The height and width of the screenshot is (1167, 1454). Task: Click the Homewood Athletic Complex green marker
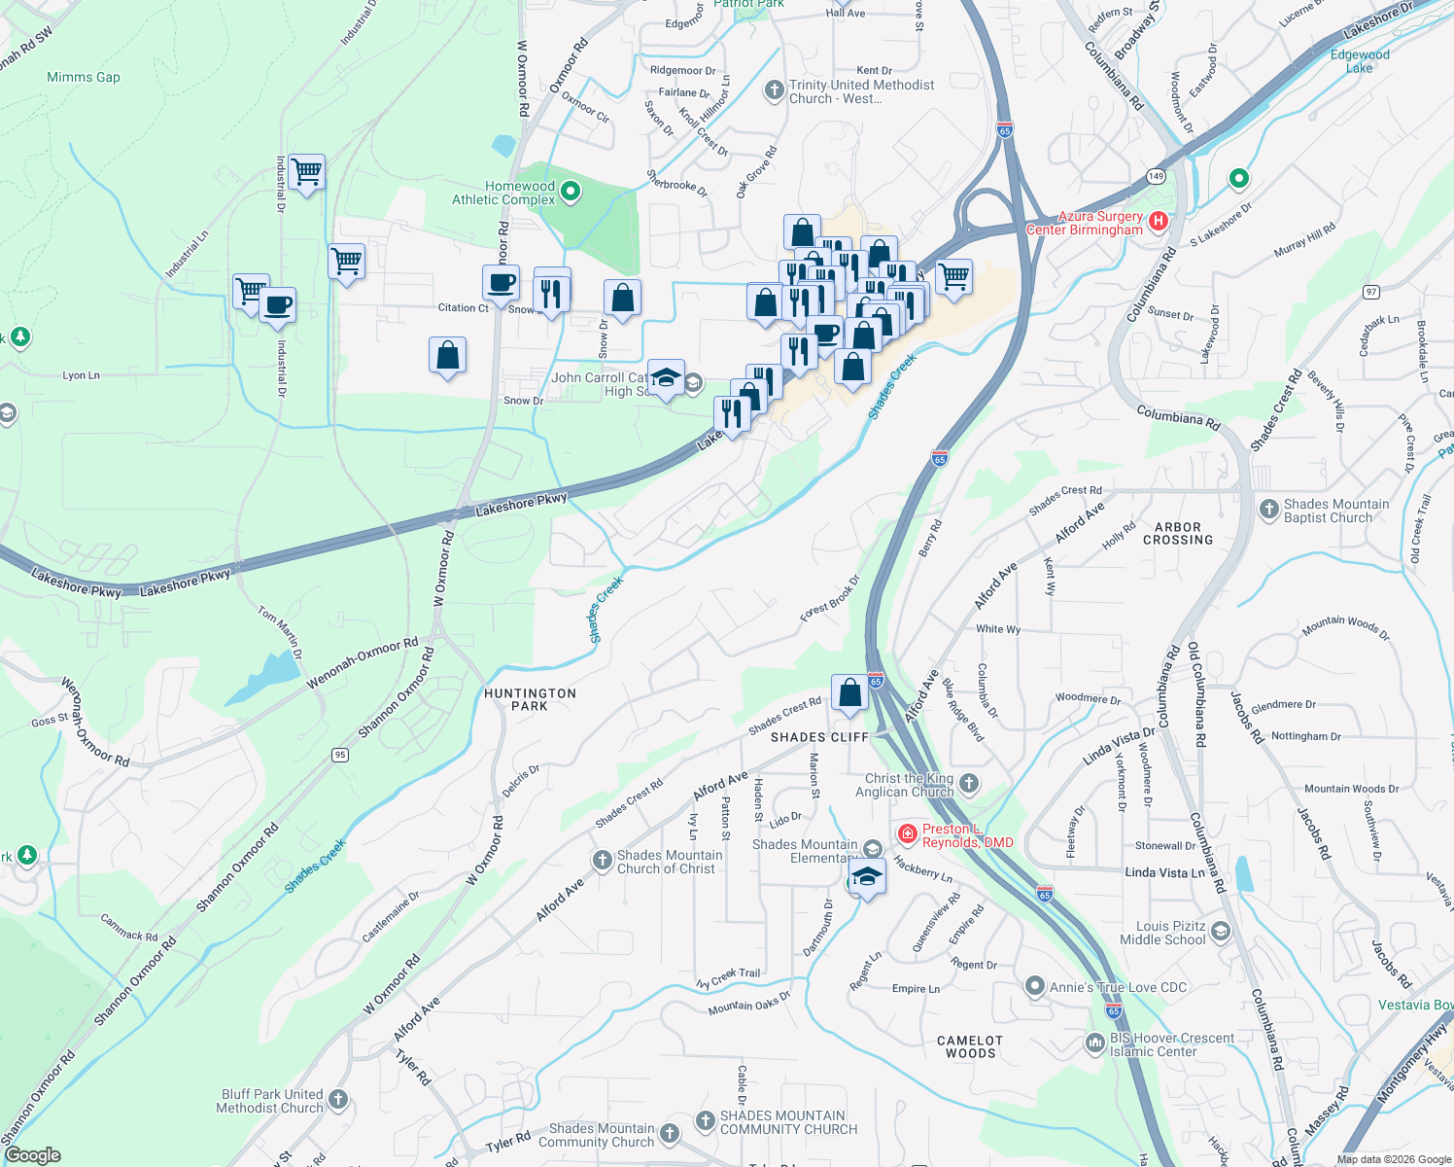571,193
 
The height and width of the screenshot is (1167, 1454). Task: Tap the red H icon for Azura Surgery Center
1158,222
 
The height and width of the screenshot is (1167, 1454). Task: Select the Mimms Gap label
84,78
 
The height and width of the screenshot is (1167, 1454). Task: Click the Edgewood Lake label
1360,61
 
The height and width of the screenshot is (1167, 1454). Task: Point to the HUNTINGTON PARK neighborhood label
530,700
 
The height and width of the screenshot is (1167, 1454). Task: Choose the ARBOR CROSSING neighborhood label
1178,534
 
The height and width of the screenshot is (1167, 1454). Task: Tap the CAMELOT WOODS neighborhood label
970,1047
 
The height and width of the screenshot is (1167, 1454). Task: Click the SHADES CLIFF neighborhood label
819,738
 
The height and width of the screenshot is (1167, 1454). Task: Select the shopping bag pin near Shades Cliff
849,693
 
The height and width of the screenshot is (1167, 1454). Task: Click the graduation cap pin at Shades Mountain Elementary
867,878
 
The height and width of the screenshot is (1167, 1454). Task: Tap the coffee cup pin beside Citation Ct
502,283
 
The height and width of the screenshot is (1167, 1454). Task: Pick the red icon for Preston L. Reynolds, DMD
907,834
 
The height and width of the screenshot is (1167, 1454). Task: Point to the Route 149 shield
1155,176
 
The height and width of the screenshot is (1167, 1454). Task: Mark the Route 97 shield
1371,292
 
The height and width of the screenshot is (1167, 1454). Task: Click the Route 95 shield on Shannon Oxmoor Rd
339,755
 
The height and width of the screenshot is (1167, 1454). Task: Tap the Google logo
32,1155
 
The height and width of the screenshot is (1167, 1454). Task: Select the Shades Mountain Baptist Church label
1335,511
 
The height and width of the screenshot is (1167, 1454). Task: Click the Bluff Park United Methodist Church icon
338,1100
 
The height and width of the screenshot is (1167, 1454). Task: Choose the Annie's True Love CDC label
1118,987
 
